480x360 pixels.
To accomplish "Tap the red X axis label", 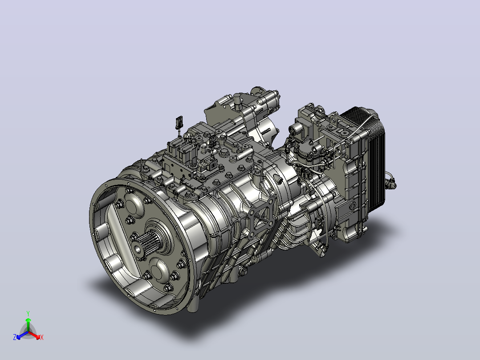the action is pos(42,337).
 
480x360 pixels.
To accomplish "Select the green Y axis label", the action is pos(28,313).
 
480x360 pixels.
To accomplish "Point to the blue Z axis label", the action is pos(15,337).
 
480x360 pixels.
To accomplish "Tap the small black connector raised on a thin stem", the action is pos(179,122).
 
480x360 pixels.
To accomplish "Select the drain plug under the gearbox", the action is pos(243,271).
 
